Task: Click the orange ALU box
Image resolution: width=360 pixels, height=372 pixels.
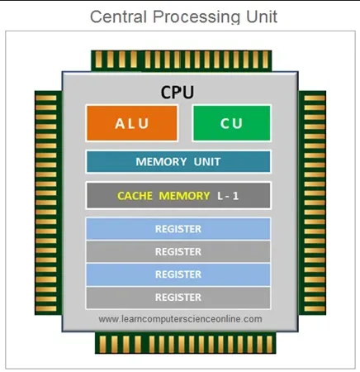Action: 131,123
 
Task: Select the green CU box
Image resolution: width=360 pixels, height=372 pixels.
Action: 230,123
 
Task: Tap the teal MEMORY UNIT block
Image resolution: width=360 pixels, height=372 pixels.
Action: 178,162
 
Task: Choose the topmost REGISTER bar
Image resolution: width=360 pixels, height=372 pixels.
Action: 178,229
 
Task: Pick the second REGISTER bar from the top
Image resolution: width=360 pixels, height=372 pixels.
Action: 178,251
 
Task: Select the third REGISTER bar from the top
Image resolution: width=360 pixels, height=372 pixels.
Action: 178,274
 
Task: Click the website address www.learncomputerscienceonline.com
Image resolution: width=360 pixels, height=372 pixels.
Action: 180,318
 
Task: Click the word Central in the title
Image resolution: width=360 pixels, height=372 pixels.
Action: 116,17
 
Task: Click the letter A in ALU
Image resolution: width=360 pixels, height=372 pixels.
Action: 119,123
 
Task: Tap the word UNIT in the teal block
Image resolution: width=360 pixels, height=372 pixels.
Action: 207,162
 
